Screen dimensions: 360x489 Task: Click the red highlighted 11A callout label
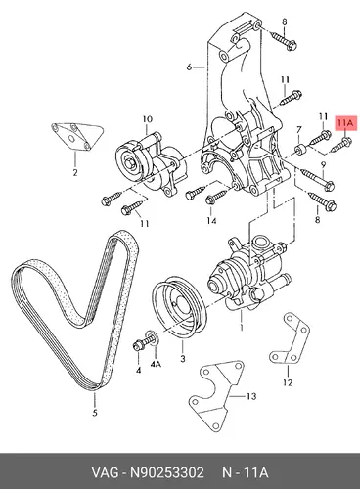345,123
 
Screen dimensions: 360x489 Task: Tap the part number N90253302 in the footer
167,472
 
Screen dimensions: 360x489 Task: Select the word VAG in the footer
105,472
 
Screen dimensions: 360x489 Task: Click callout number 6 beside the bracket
189,67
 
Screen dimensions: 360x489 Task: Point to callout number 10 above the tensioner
148,119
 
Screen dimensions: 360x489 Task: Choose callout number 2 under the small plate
75,172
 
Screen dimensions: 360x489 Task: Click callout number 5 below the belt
95,413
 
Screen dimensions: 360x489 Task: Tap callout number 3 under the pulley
183,359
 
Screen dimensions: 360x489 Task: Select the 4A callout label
156,364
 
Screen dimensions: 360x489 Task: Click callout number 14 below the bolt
211,221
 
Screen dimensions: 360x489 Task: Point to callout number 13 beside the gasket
251,396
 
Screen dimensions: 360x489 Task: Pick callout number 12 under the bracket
288,382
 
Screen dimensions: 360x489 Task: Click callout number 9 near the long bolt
323,165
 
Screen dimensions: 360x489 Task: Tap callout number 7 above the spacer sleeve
299,130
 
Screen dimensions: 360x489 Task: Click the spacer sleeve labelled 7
300,150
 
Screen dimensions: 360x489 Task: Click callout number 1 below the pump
242,327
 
